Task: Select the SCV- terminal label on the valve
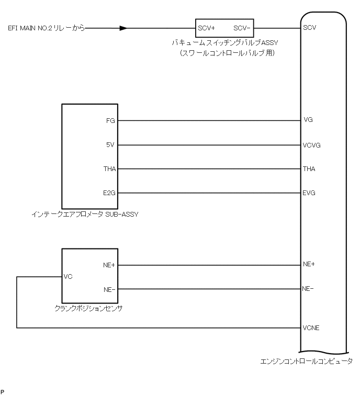[x=242, y=28]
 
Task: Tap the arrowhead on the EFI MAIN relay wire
[x=123, y=28]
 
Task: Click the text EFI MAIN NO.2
[x=31, y=28]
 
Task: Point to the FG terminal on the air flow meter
[x=110, y=120]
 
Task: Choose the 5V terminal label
[x=110, y=145]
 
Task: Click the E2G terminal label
[x=109, y=194]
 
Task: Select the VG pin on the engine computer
[x=308, y=120]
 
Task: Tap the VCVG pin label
[x=311, y=145]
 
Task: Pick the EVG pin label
[x=309, y=194]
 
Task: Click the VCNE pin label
[x=311, y=328]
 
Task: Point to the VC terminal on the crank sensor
[x=67, y=276]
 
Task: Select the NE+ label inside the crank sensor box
[x=109, y=265]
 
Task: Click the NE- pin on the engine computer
[x=308, y=289]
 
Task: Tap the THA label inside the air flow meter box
[x=109, y=169]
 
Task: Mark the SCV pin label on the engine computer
[x=309, y=28]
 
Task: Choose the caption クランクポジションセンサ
[x=88, y=308]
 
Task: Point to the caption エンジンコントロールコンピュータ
[x=306, y=361]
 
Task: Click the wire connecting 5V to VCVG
[x=209, y=145]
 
